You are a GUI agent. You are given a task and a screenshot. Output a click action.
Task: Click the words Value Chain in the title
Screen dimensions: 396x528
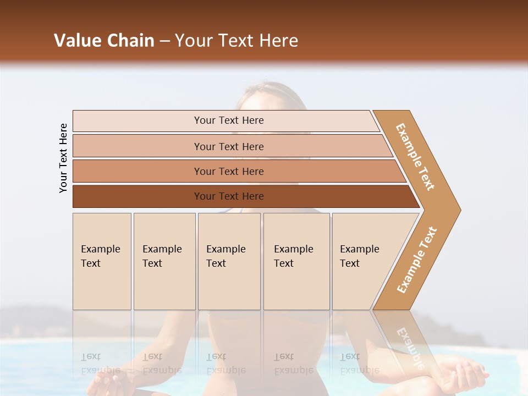(x=104, y=41)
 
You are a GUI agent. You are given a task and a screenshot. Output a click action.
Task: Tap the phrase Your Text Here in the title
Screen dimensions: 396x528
(x=237, y=41)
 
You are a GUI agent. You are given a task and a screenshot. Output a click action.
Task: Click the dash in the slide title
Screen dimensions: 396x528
(x=164, y=41)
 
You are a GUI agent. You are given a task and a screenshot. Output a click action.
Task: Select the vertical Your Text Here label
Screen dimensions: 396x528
(x=63, y=158)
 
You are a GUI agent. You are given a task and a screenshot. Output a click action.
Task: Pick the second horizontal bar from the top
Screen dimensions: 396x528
(x=228, y=146)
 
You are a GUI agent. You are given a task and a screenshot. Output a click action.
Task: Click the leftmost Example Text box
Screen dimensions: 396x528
(x=102, y=261)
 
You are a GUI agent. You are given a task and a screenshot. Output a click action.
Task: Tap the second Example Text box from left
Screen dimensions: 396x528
(x=164, y=261)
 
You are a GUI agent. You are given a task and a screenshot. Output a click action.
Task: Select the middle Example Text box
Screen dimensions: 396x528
(x=229, y=261)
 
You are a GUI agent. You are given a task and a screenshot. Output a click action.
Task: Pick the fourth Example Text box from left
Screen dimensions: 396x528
(x=296, y=261)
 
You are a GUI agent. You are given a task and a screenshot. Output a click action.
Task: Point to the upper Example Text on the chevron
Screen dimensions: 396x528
(x=416, y=157)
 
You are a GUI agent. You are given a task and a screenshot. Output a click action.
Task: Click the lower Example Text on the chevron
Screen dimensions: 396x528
(x=417, y=260)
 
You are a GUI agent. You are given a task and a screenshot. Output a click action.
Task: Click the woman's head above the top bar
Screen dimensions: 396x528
(x=269, y=96)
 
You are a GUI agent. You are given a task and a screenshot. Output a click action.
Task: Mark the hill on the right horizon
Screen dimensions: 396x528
(x=473, y=330)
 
